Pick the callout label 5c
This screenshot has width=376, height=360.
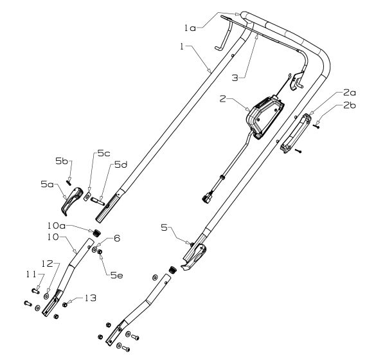pos(104,154)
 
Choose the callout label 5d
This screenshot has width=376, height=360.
pos(121,165)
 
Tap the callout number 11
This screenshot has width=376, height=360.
pos(31,274)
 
